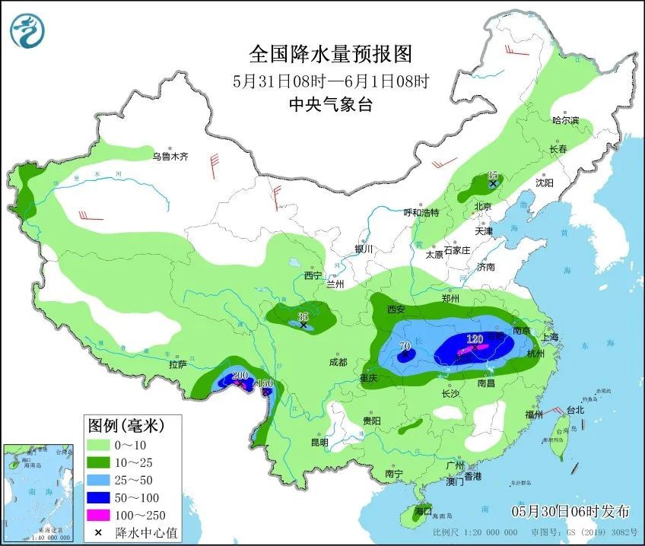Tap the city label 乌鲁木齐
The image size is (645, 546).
click(169, 157)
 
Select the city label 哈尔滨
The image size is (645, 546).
click(565, 121)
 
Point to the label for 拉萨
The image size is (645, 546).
click(178, 364)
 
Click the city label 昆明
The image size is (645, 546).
click(319, 443)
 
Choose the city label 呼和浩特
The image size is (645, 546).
click(421, 213)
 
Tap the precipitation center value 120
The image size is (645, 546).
click(475, 339)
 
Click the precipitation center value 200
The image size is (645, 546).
click(240, 376)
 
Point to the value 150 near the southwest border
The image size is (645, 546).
click(264, 383)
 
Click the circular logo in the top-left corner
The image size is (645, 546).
click(28, 30)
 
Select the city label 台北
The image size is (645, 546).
click(575, 410)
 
